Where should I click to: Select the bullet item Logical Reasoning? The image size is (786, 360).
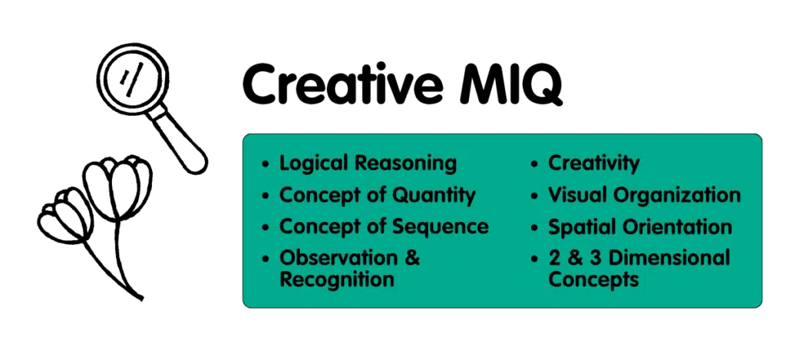(368, 163)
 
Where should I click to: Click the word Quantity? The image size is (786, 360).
(434, 195)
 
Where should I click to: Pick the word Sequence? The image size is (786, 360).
(441, 226)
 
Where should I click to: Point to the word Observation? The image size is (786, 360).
(335, 258)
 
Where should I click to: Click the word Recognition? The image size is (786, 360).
(337, 279)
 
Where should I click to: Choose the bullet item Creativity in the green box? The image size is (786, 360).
(594, 163)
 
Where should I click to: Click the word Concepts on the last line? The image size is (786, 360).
(593, 279)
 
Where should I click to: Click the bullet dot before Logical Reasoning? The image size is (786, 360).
(266, 164)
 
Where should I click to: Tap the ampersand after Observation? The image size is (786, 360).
(411, 258)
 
